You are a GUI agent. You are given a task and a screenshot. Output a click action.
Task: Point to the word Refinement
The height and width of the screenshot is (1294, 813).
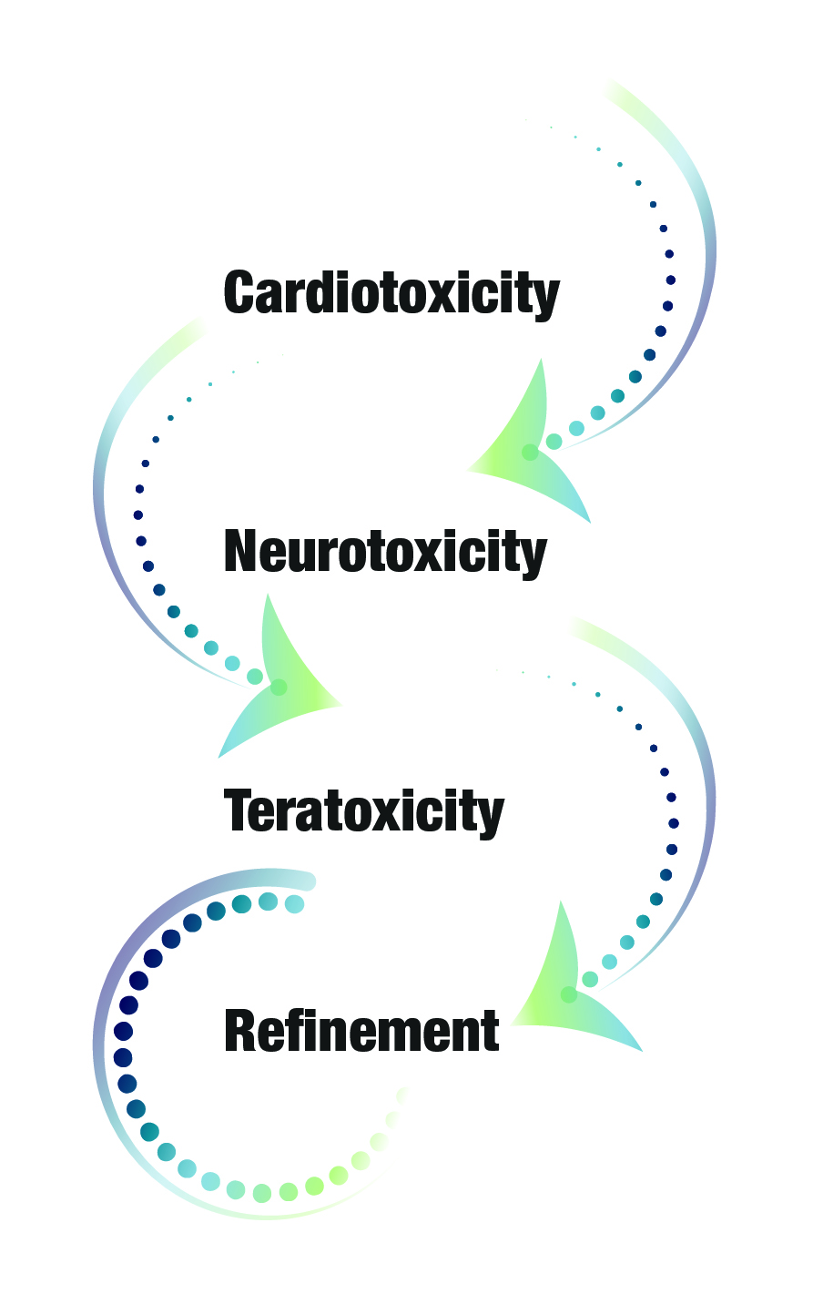(x=361, y=1031)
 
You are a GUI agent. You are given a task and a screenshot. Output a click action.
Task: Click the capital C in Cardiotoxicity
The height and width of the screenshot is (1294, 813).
(x=240, y=292)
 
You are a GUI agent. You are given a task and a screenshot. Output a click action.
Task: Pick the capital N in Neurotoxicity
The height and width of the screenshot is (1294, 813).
(x=241, y=551)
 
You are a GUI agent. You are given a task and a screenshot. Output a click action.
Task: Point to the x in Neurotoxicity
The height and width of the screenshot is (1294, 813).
(x=451, y=556)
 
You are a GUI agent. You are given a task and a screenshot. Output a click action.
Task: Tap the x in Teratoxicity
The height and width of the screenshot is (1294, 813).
(x=408, y=816)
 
